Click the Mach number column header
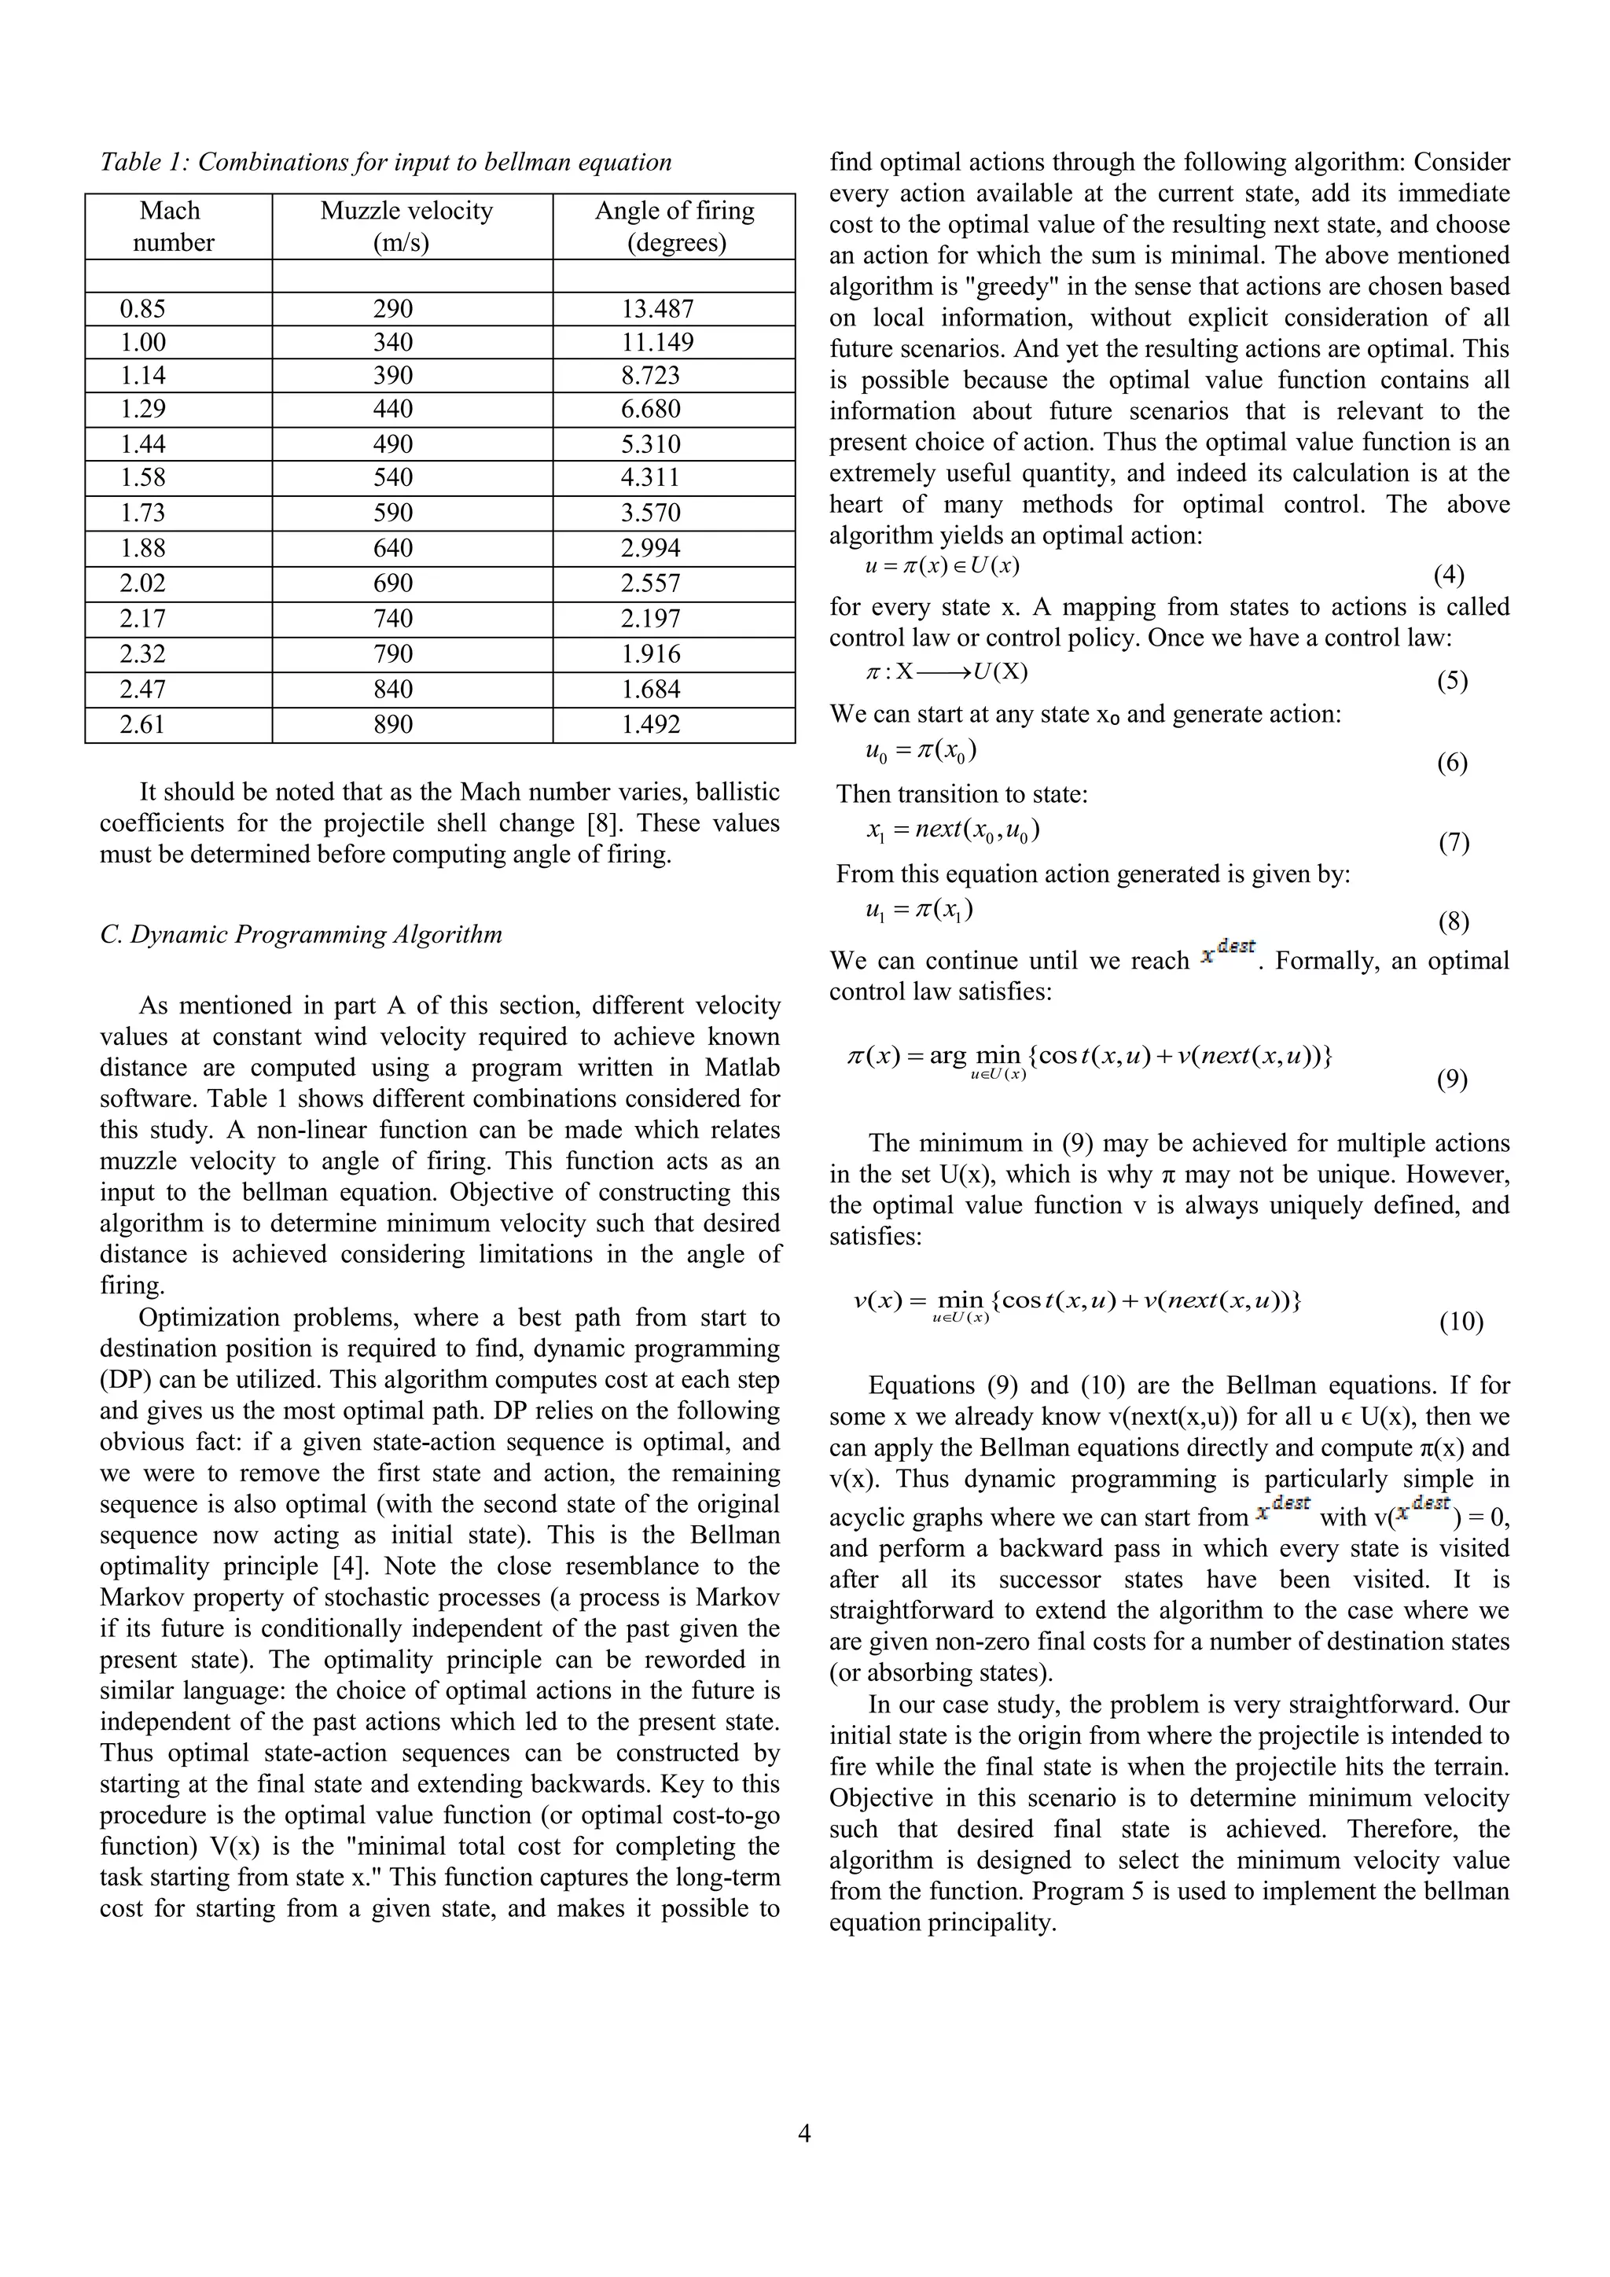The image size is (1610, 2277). pos(171,226)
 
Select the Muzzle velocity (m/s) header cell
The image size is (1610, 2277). pos(406,226)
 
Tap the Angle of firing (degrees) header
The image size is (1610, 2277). pos(675,226)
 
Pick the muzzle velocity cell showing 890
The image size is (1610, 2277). pos(392,725)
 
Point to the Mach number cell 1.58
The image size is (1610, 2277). pos(143,478)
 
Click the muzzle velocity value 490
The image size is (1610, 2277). pos(392,444)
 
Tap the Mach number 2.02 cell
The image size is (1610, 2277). pos(143,583)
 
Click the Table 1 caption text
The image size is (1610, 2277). pos(386,162)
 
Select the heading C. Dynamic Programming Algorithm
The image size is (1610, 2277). pos(300,934)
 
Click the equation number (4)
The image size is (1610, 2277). pos(1448,576)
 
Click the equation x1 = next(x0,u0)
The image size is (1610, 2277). pos(953,830)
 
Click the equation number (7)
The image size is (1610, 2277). pos(1454,843)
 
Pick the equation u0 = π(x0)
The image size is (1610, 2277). pos(921,751)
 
